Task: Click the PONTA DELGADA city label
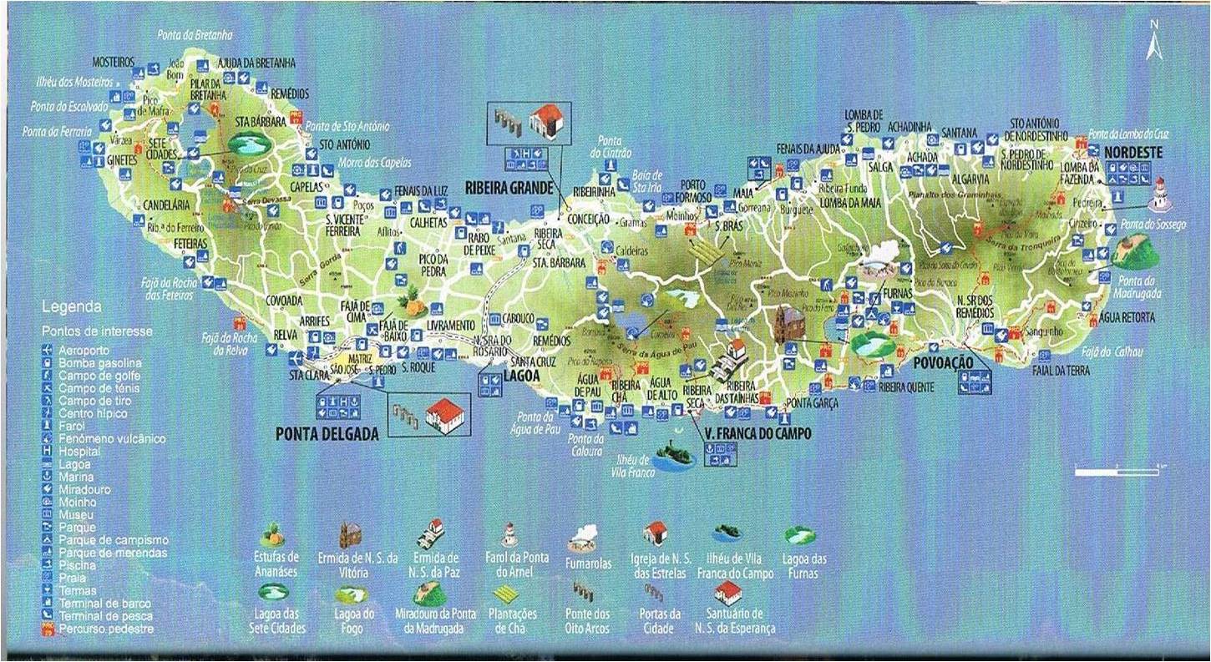click(x=327, y=433)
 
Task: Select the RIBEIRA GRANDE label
click(x=509, y=189)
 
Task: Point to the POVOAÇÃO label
click(x=944, y=363)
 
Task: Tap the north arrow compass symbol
click(x=1154, y=42)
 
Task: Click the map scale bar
click(x=1114, y=472)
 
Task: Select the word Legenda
click(x=71, y=307)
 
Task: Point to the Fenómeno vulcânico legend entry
click(x=112, y=438)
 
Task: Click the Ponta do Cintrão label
click(x=611, y=148)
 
